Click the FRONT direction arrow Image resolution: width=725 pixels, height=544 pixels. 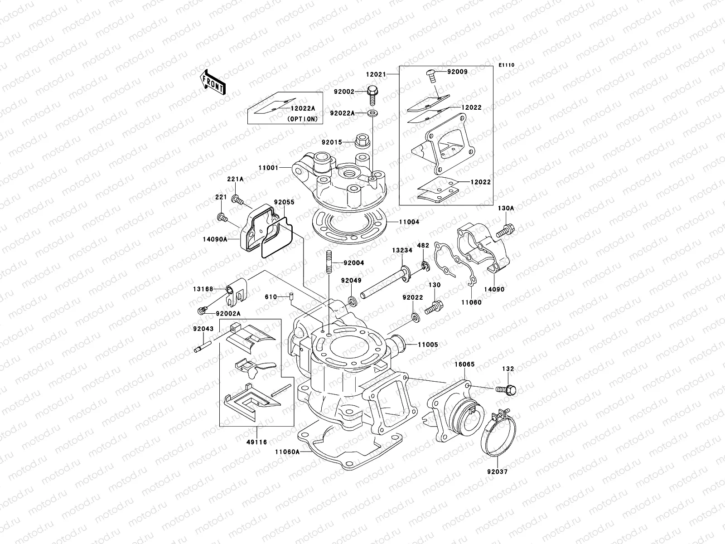[213, 83]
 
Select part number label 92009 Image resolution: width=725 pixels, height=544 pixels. [458, 72]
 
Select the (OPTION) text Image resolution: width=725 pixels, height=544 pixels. [303, 119]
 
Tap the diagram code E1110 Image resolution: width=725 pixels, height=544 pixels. [507, 65]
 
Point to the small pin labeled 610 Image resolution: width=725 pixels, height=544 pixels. [287, 297]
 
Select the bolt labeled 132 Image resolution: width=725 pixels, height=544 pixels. [507, 389]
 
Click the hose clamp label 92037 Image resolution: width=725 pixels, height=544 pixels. [498, 471]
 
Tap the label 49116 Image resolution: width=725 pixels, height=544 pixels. [256, 442]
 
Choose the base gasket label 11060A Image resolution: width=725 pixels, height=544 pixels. [287, 452]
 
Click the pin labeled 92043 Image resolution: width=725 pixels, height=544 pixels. [200, 349]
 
